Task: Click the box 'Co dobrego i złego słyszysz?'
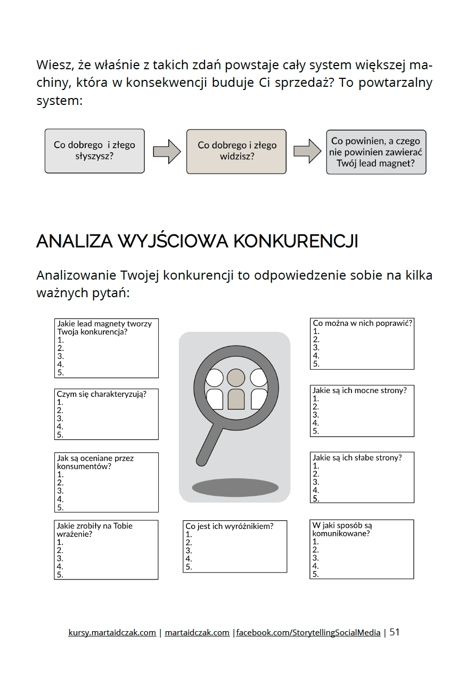(94, 151)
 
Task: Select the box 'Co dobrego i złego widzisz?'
(236, 151)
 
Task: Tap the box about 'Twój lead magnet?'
(376, 152)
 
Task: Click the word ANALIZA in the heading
(74, 241)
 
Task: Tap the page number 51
(395, 632)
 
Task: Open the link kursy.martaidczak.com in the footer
(112, 633)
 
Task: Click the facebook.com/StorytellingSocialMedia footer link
(308, 633)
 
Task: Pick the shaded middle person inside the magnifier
(235, 389)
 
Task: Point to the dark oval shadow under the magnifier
(235, 487)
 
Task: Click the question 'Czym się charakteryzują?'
(101, 394)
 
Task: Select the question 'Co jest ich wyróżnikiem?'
(229, 526)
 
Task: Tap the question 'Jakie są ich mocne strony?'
(359, 390)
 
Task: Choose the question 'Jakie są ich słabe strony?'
(357, 458)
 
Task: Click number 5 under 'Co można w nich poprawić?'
(316, 364)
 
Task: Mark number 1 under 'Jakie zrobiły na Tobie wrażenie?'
(60, 542)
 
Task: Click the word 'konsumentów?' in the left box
(84, 466)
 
